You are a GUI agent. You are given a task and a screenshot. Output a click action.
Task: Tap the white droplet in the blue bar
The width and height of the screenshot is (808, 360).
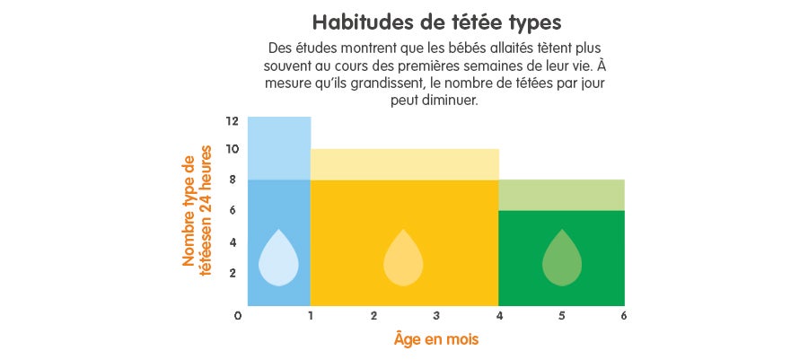tap(278, 259)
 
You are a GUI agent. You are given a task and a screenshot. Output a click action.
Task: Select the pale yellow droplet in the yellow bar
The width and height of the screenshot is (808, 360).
tap(404, 259)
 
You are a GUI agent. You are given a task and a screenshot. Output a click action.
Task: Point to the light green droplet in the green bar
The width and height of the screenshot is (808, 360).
tap(562, 259)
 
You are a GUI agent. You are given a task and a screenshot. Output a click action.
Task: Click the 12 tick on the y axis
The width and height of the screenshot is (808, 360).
tap(233, 120)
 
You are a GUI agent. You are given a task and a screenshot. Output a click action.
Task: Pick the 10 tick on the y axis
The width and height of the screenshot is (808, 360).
tap(233, 149)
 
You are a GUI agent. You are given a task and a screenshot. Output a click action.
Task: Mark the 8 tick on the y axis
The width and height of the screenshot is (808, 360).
tap(233, 180)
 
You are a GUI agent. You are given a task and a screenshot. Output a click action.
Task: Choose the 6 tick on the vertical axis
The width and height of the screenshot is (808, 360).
tap(233, 210)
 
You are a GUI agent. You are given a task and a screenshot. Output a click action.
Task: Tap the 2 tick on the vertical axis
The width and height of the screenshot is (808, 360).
tap(233, 272)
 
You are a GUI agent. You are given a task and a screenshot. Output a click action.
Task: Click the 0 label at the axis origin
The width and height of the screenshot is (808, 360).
tap(239, 316)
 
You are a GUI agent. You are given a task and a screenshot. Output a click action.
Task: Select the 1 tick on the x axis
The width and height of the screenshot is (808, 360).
tap(310, 316)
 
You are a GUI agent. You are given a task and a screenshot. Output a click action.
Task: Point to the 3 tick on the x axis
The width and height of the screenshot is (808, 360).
tap(436, 316)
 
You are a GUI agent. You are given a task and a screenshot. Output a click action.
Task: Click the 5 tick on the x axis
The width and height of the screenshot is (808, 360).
tap(561, 316)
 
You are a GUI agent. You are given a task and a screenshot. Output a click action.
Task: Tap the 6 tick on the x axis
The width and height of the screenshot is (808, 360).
tap(623, 316)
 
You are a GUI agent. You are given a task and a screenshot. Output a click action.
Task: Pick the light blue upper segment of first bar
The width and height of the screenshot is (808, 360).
tap(279, 148)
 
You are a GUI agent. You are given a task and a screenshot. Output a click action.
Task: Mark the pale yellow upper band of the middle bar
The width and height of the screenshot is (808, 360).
tap(404, 164)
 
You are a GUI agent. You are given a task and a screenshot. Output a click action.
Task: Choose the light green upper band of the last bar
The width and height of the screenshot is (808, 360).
tap(561, 195)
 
